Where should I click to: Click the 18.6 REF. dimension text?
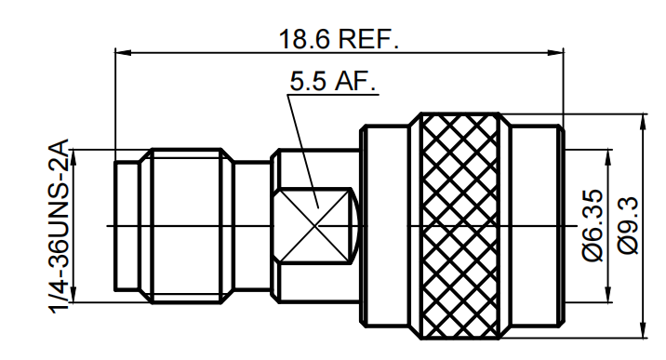coord(339,38)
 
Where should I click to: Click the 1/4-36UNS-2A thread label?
coord(59,226)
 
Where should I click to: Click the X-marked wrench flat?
coord(316,225)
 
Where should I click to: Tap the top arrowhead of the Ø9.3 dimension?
coord(643,120)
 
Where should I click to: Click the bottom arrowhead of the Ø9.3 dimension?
coord(643,331)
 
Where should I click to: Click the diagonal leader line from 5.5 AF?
coord(302,149)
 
